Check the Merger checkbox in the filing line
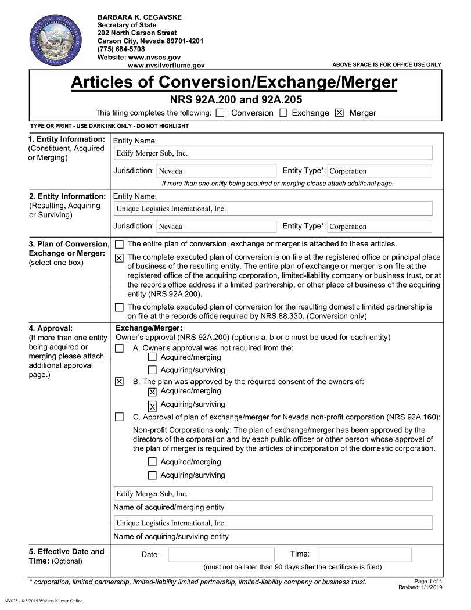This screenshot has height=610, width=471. pyautogui.click(x=340, y=113)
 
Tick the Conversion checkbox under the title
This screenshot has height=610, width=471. pyautogui.click(x=220, y=113)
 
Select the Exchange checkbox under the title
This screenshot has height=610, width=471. pyautogui.click(x=283, y=113)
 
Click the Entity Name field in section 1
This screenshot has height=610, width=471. pyautogui.click(x=273, y=153)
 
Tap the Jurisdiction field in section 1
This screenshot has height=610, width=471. pyautogui.click(x=216, y=171)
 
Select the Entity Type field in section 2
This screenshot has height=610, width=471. pyautogui.click(x=379, y=227)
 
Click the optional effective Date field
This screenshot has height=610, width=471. pyautogui.click(x=221, y=555)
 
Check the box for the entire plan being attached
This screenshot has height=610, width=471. pyautogui.click(x=119, y=245)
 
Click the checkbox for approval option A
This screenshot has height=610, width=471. pyautogui.click(x=119, y=349)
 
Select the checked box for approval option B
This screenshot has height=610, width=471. pyautogui.click(x=119, y=382)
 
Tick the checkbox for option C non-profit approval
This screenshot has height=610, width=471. pyautogui.click(x=119, y=417)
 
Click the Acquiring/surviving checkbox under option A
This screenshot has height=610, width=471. pyautogui.click(x=152, y=370)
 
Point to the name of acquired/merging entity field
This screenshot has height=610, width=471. pyautogui.click(x=273, y=494)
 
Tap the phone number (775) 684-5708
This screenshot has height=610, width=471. pyautogui.click(x=121, y=49)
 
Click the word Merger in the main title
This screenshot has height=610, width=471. pyautogui.click(x=361, y=82)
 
